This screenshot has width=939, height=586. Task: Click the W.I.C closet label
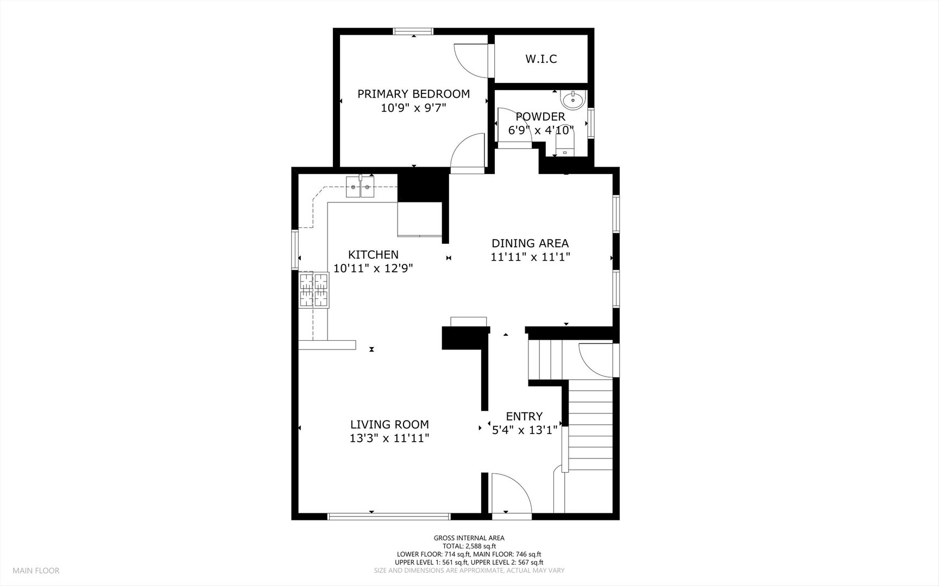(x=541, y=59)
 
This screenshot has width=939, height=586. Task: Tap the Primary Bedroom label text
(x=413, y=94)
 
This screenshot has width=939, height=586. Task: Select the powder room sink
(x=572, y=100)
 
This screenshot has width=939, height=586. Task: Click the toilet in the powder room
(x=565, y=144)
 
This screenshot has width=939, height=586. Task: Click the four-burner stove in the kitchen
(x=314, y=290)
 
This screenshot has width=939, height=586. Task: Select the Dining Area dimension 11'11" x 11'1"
(x=530, y=257)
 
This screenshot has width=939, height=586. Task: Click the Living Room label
(x=389, y=425)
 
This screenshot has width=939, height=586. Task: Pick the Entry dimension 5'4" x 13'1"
(x=524, y=430)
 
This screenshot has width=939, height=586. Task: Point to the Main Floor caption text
(x=36, y=570)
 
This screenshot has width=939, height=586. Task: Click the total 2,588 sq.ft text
(x=469, y=546)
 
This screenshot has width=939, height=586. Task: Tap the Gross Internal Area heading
(x=469, y=538)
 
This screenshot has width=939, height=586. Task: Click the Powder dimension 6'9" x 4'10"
(x=541, y=130)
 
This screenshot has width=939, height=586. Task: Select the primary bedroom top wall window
(x=413, y=31)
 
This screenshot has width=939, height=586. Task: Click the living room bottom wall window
(x=389, y=517)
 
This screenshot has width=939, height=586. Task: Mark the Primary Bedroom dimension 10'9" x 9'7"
(x=413, y=108)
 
